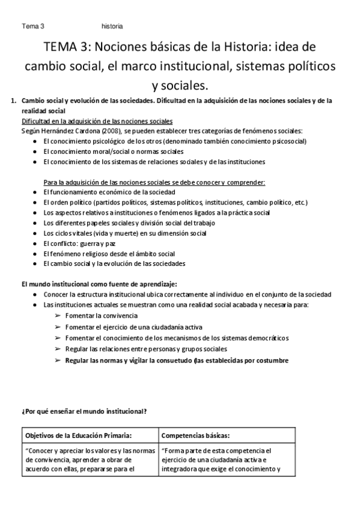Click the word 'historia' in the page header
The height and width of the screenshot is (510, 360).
pyautogui.click(x=112, y=26)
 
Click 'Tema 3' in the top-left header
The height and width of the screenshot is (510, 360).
pyautogui.click(x=33, y=26)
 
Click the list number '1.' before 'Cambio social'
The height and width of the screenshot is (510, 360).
pyautogui.click(x=15, y=100)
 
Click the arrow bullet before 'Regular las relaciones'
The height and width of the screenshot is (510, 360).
pyautogui.click(x=58, y=349)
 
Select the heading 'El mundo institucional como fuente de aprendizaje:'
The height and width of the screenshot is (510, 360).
pyautogui.click(x=99, y=283)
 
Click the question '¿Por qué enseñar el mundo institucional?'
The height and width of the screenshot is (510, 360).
pyautogui.click(x=84, y=411)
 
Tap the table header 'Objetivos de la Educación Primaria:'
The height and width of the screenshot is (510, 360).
pyautogui.click(x=79, y=435)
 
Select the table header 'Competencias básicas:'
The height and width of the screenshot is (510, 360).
pyautogui.click(x=195, y=435)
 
